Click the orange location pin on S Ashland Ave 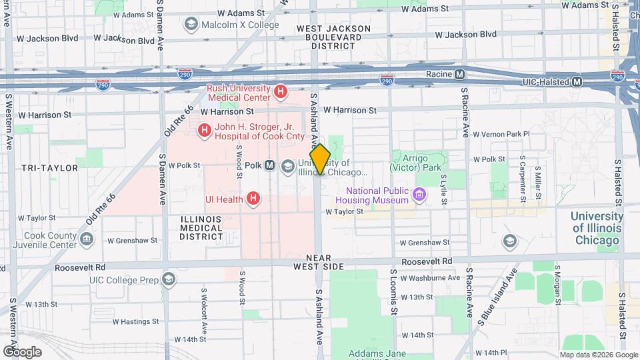(320, 159)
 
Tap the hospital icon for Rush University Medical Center (281, 91)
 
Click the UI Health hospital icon (253, 198)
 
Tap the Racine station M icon (459, 74)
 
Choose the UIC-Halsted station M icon (577, 81)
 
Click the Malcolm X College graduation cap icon (191, 25)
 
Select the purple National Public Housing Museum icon (419, 195)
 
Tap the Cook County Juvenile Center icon (86, 239)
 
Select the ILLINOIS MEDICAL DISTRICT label (201, 227)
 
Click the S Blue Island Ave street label (496, 299)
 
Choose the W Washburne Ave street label (432, 277)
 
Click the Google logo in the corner (22, 351)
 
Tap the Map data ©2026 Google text (598, 355)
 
